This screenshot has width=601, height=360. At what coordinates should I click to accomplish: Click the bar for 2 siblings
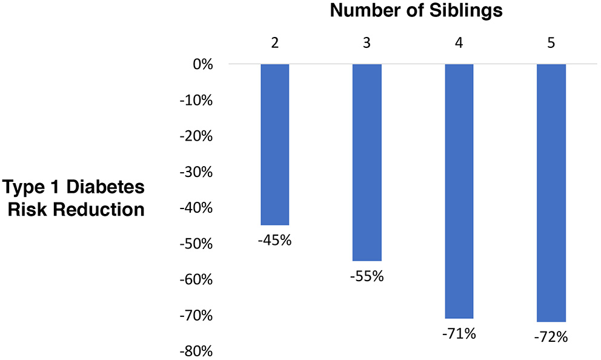tap(275, 144)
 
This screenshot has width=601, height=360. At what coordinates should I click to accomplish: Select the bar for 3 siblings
tap(367, 162)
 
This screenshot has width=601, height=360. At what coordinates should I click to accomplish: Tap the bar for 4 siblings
tap(459, 191)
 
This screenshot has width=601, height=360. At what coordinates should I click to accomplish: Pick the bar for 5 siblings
tap(551, 193)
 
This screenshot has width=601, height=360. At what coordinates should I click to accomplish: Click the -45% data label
tap(275, 240)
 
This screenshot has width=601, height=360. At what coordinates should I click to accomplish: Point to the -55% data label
tap(367, 276)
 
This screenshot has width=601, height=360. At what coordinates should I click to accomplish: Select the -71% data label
tap(459, 334)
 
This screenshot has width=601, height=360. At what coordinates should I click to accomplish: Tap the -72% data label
tap(551, 337)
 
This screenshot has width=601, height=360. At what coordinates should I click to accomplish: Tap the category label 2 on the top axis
tap(275, 44)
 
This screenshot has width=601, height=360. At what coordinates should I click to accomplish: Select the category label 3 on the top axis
tap(367, 44)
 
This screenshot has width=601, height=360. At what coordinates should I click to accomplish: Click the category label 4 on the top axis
tap(459, 44)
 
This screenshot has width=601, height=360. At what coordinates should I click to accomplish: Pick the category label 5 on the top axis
tap(551, 44)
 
